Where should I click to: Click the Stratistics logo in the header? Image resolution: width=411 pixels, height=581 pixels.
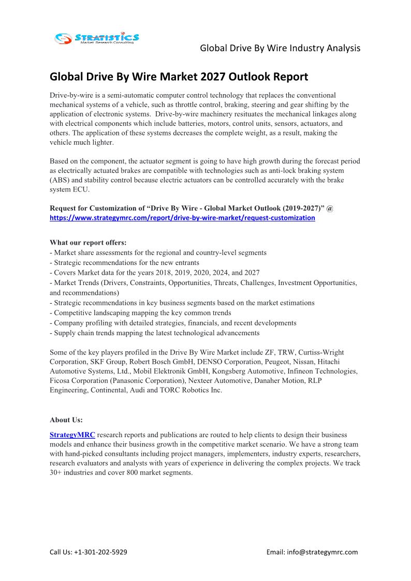point(97,38)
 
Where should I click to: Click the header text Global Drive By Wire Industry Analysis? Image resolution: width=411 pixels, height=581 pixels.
point(280,48)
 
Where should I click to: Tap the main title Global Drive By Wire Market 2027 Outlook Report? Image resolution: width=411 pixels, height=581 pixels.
point(179,77)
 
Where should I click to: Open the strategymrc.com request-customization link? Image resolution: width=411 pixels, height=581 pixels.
point(182,218)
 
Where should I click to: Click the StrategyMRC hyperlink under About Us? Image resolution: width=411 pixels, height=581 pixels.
point(72,435)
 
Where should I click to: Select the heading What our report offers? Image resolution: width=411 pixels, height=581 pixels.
point(88,243)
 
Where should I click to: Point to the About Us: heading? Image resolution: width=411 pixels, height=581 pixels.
point(66,420)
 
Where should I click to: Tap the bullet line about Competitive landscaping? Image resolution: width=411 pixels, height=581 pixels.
point(140,313)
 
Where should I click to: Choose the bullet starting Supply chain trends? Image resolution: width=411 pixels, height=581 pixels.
point(154,333)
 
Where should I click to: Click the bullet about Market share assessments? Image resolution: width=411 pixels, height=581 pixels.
point(158,252)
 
